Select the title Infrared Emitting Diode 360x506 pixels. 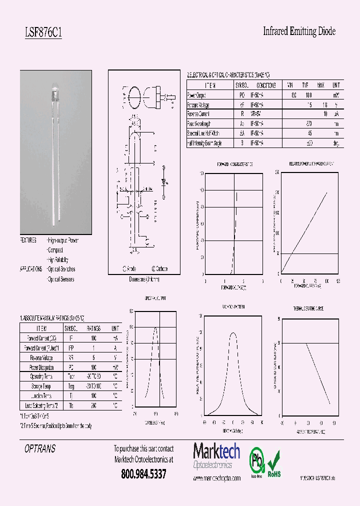coord(299,31)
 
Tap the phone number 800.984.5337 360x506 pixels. coord(143,473)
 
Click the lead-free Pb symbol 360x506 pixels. coord(257,461)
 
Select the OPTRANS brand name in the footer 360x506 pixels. coord(40,449)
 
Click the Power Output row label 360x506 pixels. coord(196,95)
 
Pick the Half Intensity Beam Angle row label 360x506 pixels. coord(204,143)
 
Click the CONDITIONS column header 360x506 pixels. coord(263,85)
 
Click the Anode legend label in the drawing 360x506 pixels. coord(129,268)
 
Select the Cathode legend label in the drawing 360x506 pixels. coord(159,268)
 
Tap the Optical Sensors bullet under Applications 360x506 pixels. coord(60,279)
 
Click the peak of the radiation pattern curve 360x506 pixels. coord(232,333)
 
